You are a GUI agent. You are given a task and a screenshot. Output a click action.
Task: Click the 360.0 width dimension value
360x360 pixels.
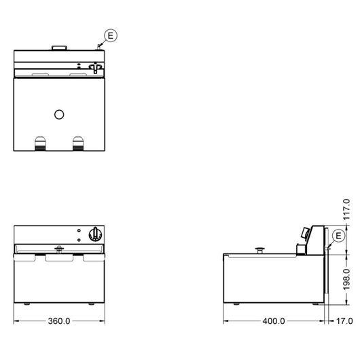tap(59, 321)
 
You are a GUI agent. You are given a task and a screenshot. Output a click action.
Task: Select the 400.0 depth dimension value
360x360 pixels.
tap(274, 321)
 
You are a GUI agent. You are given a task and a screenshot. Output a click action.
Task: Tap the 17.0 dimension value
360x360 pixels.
tap(344, 321)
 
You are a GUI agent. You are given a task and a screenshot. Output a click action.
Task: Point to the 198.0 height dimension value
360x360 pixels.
tap(346, 280)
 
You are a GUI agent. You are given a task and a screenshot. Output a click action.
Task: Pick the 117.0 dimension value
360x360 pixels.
tap(346, 210)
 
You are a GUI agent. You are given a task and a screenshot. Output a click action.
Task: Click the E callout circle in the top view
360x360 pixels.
tap(111, 35)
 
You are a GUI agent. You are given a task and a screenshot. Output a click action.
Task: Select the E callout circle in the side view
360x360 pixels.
tap(339, 236)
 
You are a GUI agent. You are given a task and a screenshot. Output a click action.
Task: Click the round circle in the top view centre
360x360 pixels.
tap(59, 115)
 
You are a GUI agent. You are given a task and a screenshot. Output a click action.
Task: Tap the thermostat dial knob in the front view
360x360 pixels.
tap(95, 234)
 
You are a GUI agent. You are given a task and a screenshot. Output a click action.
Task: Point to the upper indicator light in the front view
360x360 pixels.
tap(79, 230)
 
